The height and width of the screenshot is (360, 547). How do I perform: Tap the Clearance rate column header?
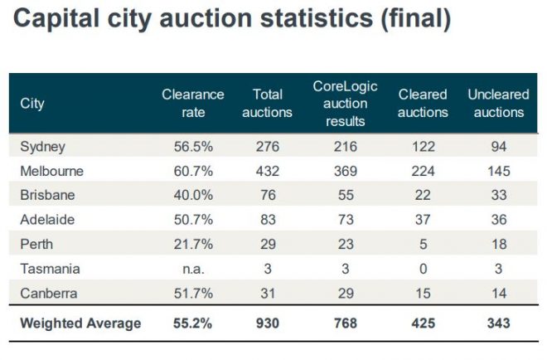193,104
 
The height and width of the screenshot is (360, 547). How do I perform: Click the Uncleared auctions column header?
497,104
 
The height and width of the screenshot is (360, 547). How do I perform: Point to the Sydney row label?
42,147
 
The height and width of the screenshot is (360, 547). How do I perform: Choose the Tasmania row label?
49,270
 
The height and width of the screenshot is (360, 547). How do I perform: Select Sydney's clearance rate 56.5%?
192,147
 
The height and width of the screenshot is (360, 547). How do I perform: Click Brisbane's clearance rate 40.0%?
192,196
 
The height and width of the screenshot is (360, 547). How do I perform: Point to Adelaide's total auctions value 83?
267,221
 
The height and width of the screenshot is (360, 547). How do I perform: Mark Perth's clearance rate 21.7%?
192,246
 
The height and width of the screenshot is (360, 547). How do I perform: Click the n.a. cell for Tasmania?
192,270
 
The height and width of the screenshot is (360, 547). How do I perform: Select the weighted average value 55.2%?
192,323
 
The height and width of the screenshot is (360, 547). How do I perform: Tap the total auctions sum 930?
267,323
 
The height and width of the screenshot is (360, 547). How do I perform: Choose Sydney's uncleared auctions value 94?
497,147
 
